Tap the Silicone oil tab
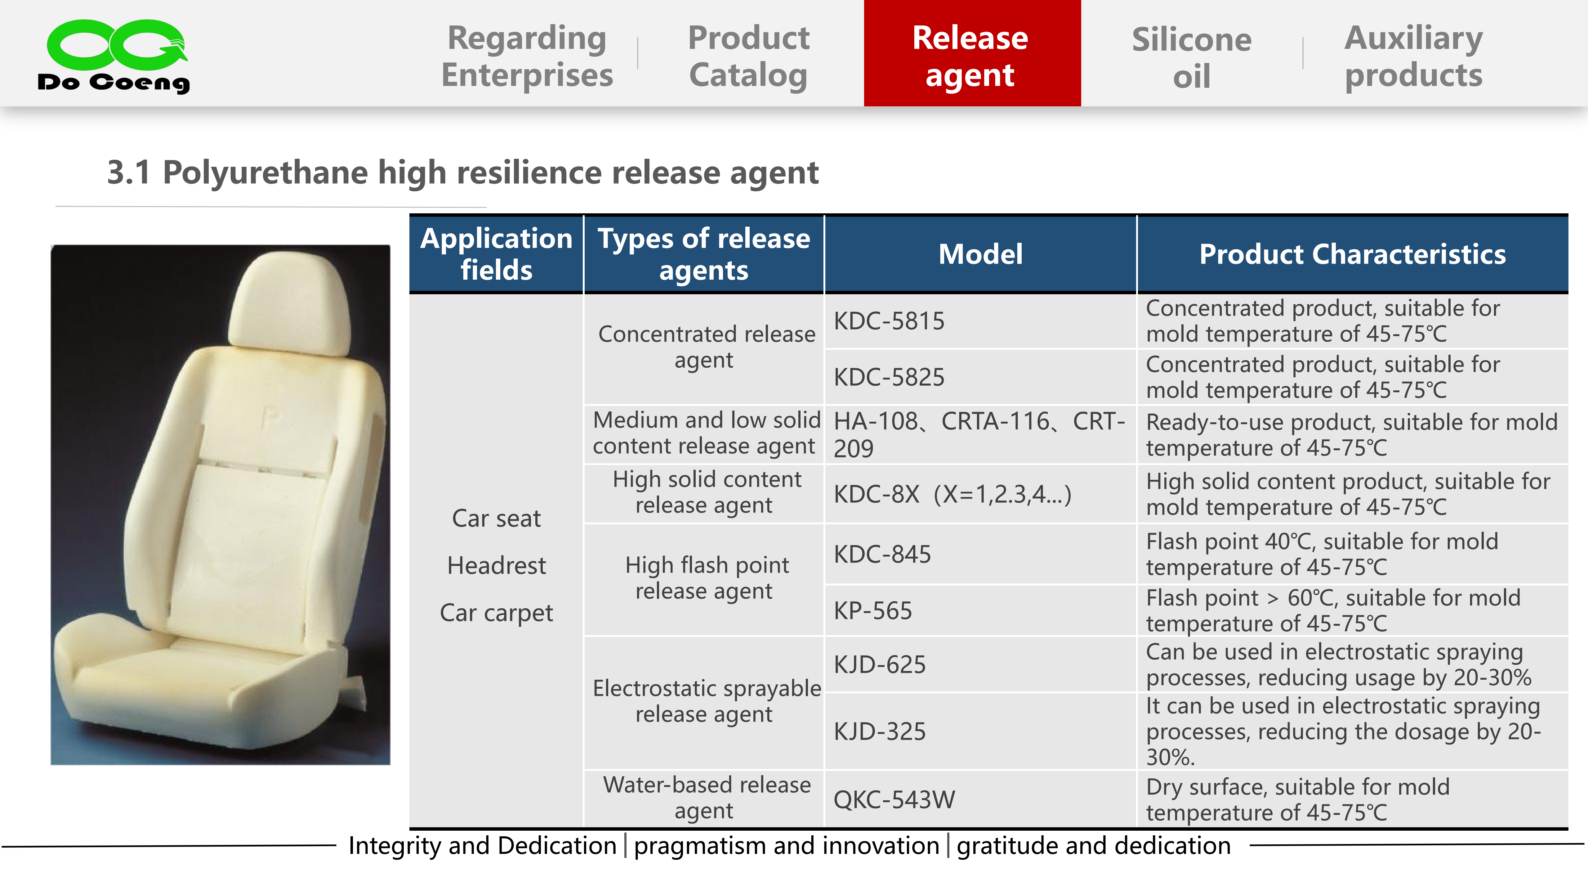click(x=1192, y=57)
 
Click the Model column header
click(x=980, y=254)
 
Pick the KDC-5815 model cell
click(x=980, y=321)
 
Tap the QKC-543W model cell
click(x=980, y=799)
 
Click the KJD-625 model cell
click(x=980, y=664)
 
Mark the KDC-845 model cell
click(x=980, y=554)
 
